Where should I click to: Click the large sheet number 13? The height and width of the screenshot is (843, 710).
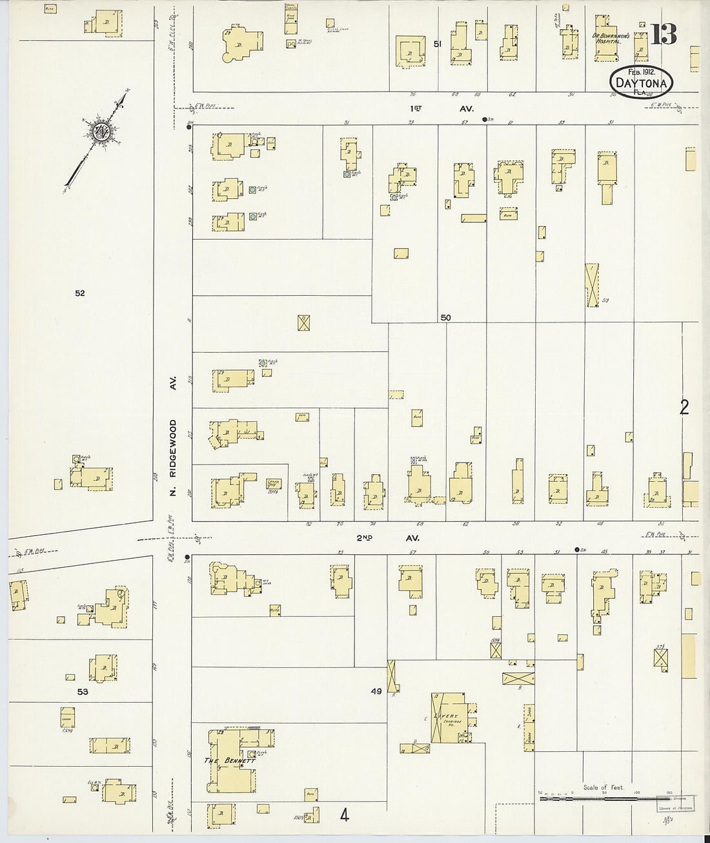664,34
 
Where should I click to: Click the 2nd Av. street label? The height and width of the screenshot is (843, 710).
387,538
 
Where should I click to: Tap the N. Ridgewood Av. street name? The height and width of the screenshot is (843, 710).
172,440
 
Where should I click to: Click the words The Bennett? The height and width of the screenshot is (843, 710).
230,761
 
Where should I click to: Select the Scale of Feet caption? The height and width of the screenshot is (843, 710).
603,787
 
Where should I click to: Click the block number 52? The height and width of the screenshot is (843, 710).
79,293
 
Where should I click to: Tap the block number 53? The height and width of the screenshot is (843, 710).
83,692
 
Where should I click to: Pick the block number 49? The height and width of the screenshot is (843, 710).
376,691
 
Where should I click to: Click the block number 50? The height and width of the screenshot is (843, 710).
445,317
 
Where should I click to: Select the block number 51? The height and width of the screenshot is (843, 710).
438,45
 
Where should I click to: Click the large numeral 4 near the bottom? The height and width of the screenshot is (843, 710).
345,816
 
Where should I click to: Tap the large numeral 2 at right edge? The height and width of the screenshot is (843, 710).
684,407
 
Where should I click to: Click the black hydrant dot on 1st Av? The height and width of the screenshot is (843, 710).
485,120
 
